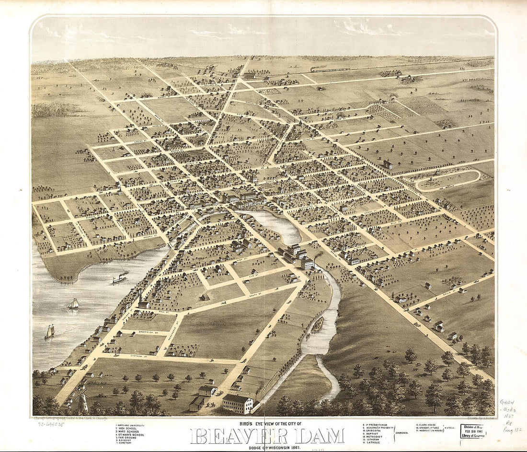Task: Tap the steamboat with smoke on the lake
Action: point(120,278)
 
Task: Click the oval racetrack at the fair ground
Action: point(447,180)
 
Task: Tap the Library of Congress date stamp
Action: point(473,430)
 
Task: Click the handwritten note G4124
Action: point(507,403)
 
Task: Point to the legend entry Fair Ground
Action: point(129,437)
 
